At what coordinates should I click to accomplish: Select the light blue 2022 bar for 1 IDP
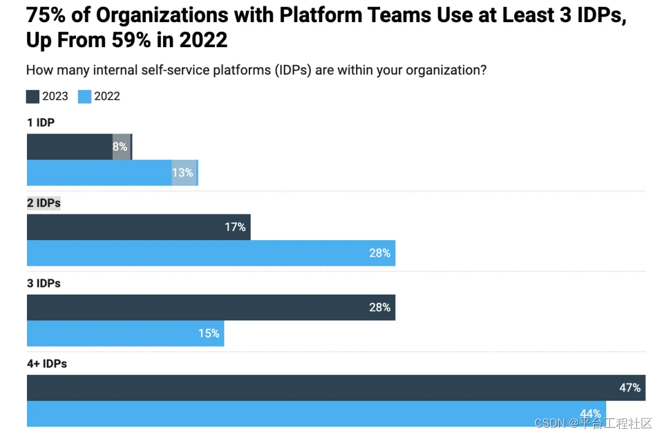coord(98,173)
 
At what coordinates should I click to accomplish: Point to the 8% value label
coord(120,147)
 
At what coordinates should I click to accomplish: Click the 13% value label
coord(183,173)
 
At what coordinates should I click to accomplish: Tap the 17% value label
coord(235,227)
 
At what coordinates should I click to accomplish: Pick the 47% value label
coord(630,388)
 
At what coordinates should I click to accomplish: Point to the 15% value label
coord(209,333)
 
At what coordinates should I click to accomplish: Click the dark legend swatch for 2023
coord(32,97)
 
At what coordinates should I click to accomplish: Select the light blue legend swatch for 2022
coord(85,97)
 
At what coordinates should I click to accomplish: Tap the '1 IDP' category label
coord(40,123)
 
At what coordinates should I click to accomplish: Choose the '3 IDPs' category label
coord(44,284)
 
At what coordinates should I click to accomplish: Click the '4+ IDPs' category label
coord(47,364)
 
